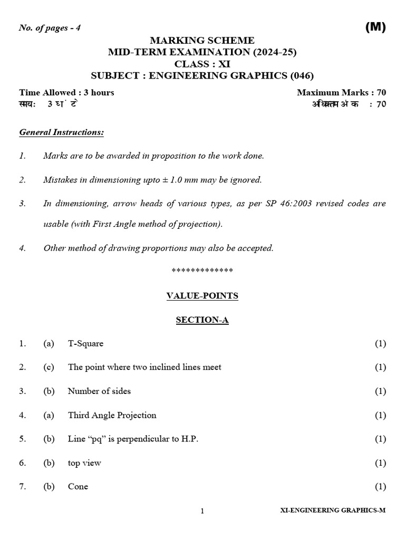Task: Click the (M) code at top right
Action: [x=375, y=28]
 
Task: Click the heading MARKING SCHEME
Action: [x=202, y=40]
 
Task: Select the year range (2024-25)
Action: [x=275, y=52]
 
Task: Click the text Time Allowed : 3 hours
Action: [x=66, y=92]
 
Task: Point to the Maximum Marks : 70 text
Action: [x=341, y=92]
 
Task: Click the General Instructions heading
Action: [x=61, y=132]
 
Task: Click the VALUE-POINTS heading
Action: [x=202, y=296]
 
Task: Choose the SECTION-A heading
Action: [x=202, y=320]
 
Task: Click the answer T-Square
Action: [x=85, y=343]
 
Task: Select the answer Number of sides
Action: [x=99, y=391]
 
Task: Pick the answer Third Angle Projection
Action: [x=112, y=415]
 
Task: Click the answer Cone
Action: [x=78, y=487]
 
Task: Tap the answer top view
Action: [x=84, y=463]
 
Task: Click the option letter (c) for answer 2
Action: [x=49, y=367]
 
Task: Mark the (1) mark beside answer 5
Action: [x=380, y=439]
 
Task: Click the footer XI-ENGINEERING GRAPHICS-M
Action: [x=333, y=511]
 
